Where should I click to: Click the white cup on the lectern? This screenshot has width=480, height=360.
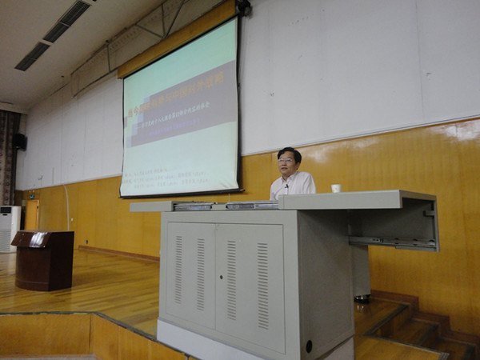(336, 189)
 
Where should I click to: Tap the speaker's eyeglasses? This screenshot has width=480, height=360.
(286, 161)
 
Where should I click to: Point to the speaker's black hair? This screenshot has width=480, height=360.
(290, 151)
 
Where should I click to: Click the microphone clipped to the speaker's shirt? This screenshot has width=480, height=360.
(286, 186)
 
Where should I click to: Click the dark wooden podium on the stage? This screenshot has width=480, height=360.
(43, 260)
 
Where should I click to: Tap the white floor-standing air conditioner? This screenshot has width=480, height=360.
(7, 229)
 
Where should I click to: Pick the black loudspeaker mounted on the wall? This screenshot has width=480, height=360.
(19, 141)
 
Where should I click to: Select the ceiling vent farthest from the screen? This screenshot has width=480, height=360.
(32, 56)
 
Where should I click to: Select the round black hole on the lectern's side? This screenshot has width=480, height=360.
(309, 346)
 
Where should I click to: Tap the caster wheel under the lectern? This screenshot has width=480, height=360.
(362, 298)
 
